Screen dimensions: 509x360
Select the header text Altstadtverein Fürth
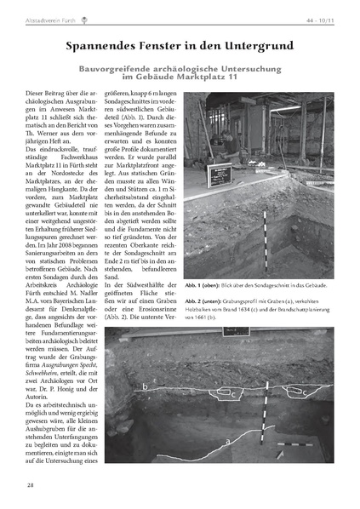pos(51,14)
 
